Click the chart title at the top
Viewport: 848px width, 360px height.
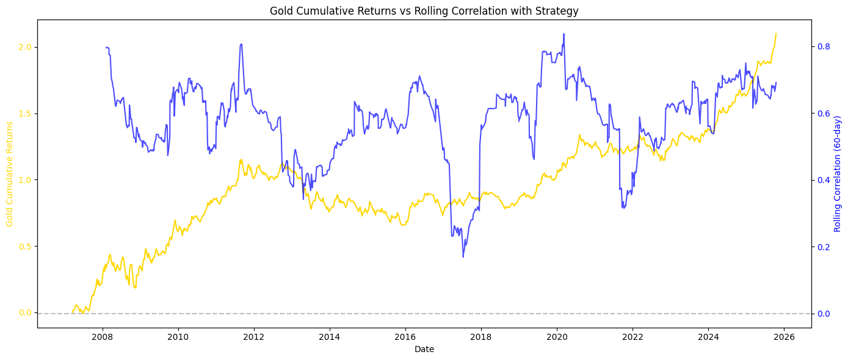click(x=424, y=10)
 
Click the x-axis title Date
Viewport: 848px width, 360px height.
click(x=424, y=349)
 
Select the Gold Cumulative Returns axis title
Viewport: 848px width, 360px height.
click(x=10, y=174)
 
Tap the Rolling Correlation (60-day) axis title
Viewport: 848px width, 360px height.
click(x=838, y=174)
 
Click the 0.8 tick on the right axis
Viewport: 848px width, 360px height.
click(x=822, y=47)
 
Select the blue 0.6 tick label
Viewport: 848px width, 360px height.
click(x=822, y=113)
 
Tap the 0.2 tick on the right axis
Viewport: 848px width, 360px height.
click(x=822, y=247)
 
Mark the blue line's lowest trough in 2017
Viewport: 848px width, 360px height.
click(x=463, y=257)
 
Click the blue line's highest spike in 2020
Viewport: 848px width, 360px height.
click(x=564, y=34)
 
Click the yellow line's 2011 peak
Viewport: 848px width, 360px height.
click(x=241, y=160)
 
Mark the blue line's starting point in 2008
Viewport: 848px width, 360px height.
click(x=106, y=47)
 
